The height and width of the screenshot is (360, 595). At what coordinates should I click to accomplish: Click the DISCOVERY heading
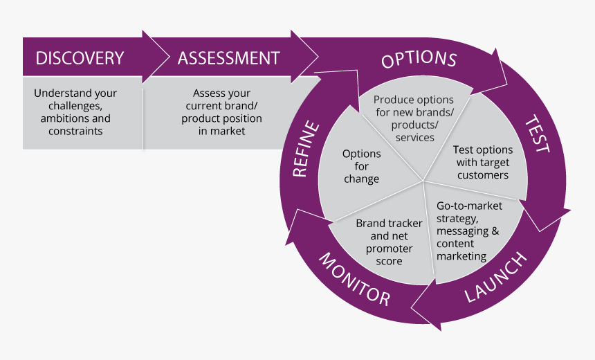80,58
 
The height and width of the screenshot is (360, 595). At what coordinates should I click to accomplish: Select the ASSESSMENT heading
228,58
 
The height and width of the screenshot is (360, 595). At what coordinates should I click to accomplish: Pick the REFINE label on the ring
306,150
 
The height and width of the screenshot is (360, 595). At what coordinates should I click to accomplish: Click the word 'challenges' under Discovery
75,106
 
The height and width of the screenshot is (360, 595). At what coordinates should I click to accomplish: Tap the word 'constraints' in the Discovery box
75,131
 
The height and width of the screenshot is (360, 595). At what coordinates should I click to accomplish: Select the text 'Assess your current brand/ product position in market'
221,112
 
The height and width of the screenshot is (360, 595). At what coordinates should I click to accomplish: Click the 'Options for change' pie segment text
361,166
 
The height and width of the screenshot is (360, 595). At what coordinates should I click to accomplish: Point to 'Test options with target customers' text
482,162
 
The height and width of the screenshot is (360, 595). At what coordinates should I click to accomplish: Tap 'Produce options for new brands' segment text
414,118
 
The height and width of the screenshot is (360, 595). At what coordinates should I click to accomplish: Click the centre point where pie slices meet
423,182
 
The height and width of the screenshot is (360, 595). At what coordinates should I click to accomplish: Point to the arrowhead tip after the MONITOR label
295,209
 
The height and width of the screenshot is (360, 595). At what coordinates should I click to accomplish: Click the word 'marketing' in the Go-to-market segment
461,256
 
